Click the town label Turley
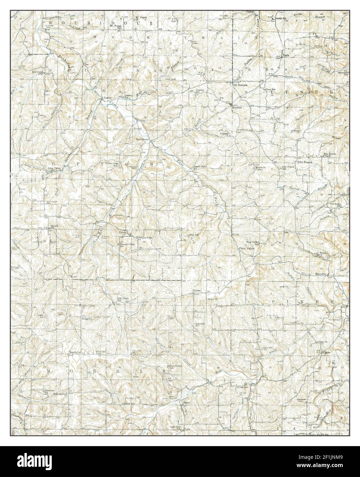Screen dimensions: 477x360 point(107,98)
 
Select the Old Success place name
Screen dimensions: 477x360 point(240,84)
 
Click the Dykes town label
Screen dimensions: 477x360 point(196,291)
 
